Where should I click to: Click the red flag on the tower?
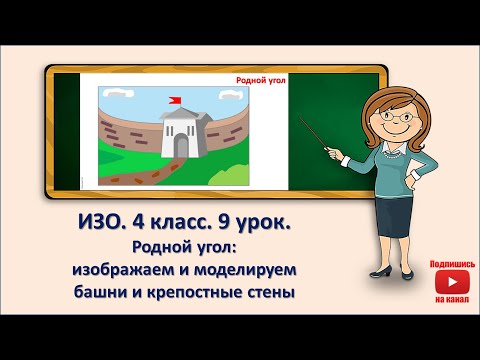coord(175,99)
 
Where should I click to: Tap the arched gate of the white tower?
coord(180,146)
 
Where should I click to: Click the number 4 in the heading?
coord(139,226)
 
